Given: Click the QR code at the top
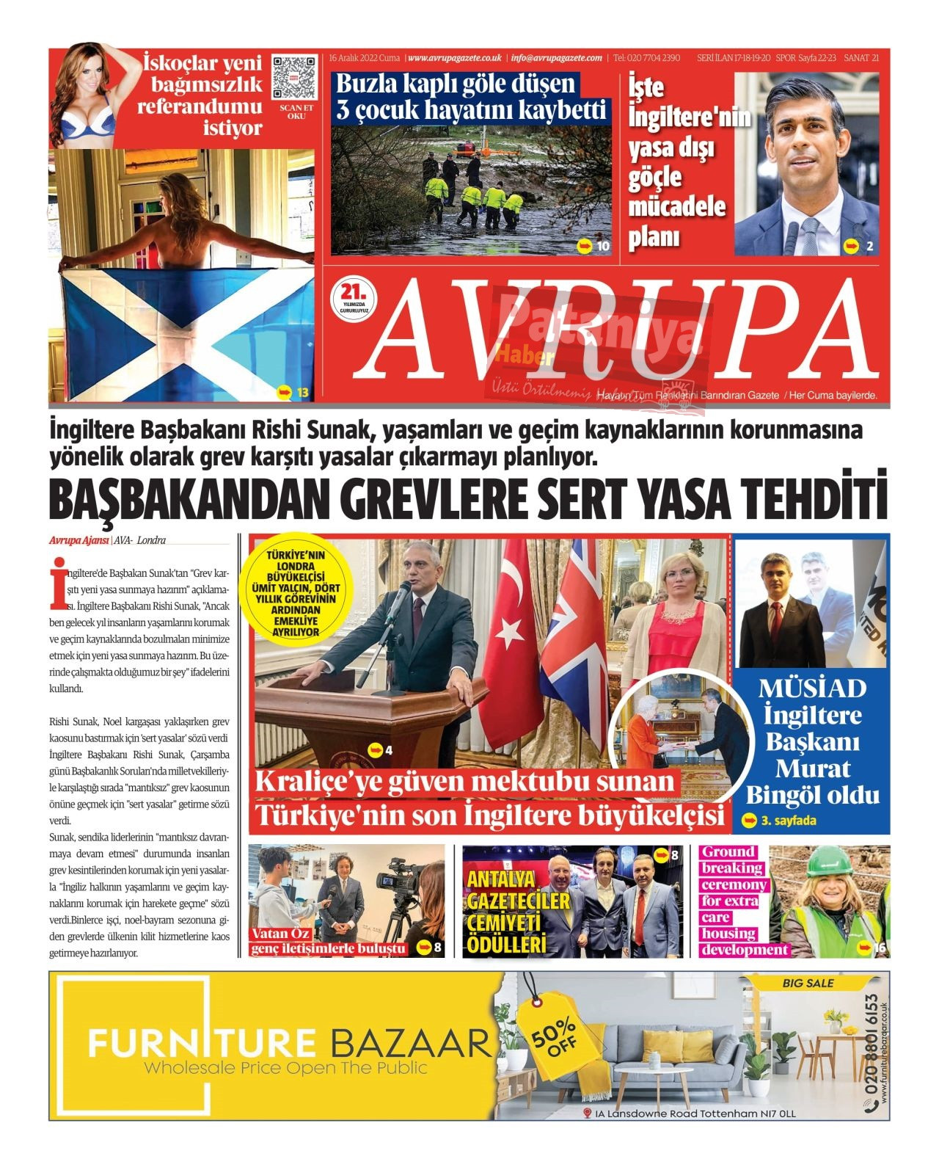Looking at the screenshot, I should [296, 76].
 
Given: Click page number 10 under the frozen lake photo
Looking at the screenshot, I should [603, 247].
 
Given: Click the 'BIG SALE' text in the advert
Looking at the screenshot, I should [808, 983].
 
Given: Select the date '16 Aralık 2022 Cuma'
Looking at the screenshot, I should [365, 58].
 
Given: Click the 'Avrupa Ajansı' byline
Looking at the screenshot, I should [79, 540].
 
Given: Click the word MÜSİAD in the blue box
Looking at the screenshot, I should [811, 688].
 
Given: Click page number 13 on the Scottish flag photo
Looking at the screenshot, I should [302, 393].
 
